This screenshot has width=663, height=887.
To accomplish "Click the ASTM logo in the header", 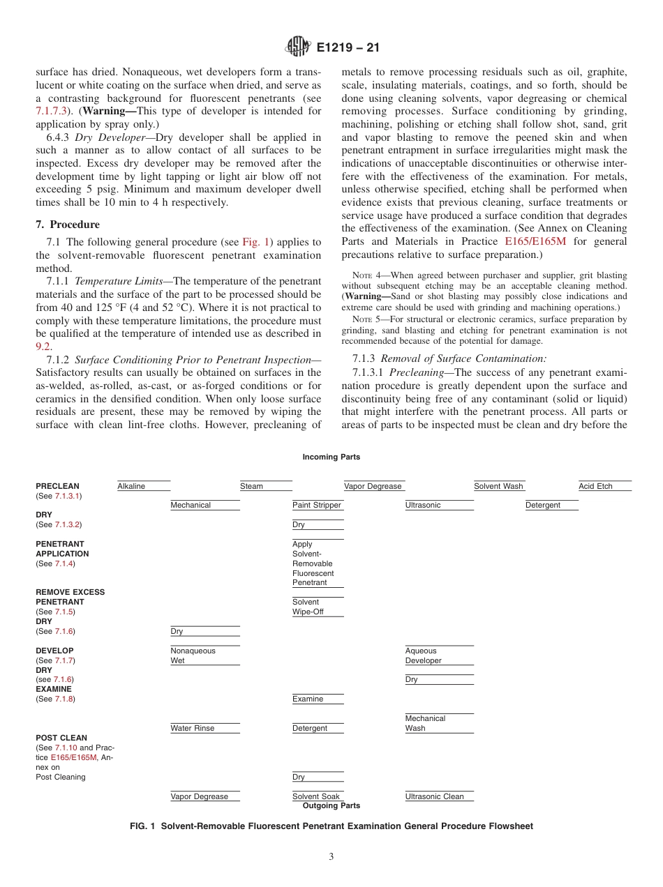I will [298, 47].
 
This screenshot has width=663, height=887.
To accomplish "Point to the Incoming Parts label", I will [331, 457].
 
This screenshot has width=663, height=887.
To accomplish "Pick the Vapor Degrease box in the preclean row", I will [373, 486].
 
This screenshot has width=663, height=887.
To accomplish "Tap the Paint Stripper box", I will [317, 505].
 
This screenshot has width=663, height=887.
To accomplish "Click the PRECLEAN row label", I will [58, 486].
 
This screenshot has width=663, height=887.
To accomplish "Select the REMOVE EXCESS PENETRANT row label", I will [70, 597].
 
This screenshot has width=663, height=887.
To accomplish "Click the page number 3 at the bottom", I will [331, 857].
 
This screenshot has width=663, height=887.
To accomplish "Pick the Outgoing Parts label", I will [331, 805].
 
